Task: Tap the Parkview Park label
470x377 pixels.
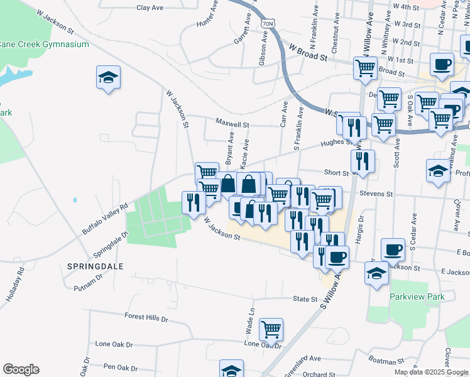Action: [x=417, y=297]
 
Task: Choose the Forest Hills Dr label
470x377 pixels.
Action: [x=146, y=317]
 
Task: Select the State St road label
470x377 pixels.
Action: [x=306, y=299]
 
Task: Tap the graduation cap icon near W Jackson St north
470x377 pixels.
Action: [x=108, y=78]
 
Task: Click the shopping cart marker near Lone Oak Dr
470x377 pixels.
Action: [x=271, y=328]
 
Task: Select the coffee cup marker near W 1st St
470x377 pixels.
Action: [x=442, y=63]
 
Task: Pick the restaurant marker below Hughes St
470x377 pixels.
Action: [x=363, y=161]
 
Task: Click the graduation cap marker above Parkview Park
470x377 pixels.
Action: [x=376, y=273]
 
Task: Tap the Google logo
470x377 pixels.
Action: [x=21, y=369]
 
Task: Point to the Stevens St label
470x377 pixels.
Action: [x=376, y=195]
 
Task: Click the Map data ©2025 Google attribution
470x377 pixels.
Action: [x=430, y=372]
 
